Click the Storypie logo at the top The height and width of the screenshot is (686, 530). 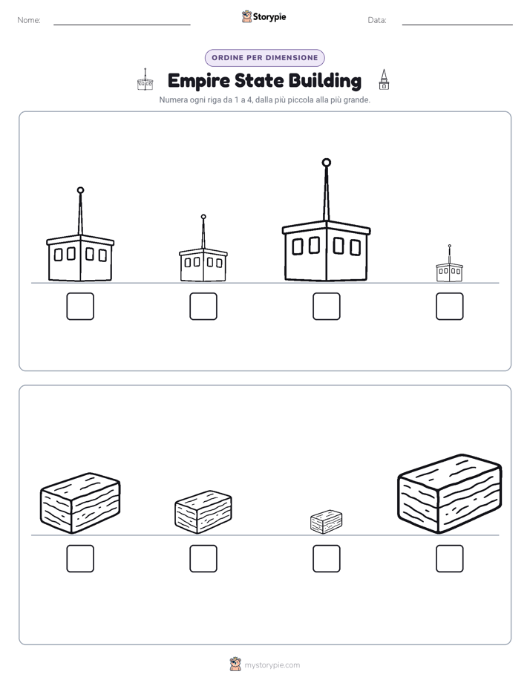coord(264,16)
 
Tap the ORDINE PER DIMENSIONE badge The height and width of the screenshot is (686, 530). coord(264,58)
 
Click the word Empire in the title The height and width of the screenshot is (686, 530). coord(198,81)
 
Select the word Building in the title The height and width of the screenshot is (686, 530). coord(325,82)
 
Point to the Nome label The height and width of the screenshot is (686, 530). coord(29,20)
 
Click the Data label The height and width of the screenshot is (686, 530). coord(377,20)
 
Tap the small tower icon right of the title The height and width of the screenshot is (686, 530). coord(384,79)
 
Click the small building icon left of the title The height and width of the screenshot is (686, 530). coord(145,79)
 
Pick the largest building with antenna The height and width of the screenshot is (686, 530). coord(326,220)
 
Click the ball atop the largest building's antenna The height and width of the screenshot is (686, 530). coord(326,163)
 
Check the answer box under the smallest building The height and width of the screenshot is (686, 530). coord(450,306)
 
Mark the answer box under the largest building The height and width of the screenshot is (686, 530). coord(326,306)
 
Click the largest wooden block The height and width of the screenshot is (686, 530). coord(450,494)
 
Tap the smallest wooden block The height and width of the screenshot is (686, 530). coord(326,521)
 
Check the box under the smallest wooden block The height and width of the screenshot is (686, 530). coord(326,558)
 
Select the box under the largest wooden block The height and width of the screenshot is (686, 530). coord(450,558)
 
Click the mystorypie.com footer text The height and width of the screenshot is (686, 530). coord(272,665)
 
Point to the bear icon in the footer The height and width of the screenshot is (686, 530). coord(235,664)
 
